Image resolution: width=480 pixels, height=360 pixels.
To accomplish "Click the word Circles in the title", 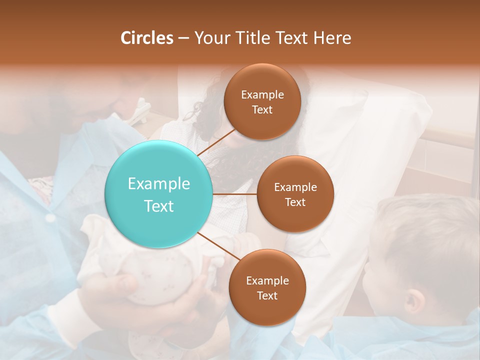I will click(x=146, y=38).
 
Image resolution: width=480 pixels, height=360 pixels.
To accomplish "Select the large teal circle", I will click(x=159, y=194).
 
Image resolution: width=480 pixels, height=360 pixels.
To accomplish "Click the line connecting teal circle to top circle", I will click(x=216, y=142).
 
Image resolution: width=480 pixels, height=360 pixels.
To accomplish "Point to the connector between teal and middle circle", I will click(x=235, y=194).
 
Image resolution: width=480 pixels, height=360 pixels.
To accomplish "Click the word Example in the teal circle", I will click(x=159, y=183).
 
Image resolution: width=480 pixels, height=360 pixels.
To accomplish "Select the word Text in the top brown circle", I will click(x=262, y=109).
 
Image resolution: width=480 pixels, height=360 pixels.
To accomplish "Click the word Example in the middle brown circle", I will click(x=295, y=187).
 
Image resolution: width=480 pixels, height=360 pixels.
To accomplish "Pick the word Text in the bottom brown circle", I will click(x=267, y=295).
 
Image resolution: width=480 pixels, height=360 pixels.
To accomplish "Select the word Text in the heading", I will click(x=292, y=38).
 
